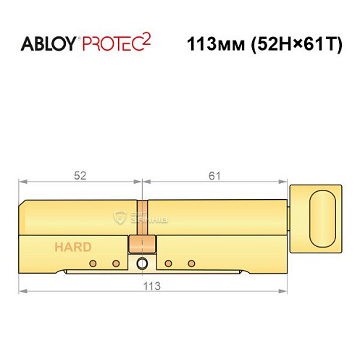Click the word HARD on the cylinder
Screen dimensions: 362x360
[x=72, y=247]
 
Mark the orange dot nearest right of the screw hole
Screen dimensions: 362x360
[x=168, y=262]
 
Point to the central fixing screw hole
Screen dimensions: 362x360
[x=143, y=262]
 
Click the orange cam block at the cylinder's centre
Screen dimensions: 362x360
[x=142, y=244]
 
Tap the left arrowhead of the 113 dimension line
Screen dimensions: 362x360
[x=22, y=291]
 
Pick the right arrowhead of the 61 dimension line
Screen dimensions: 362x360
[x=287, y=182]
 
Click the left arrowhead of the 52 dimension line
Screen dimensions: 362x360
[x=22, y=182]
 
